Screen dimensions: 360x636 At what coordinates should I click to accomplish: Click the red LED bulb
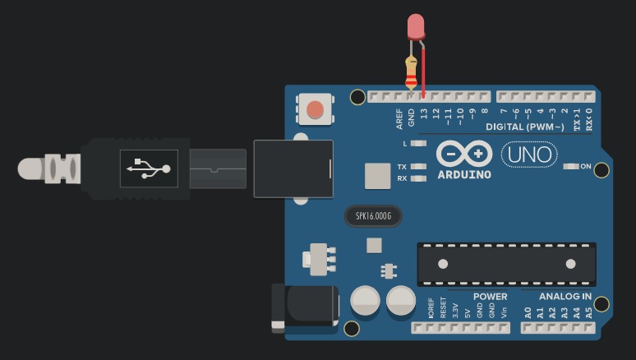(416, 26)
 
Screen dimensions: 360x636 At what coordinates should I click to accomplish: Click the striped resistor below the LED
(411, 72)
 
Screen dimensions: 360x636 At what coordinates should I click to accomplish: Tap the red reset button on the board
(315, 108)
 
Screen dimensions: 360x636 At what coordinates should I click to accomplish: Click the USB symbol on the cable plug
(149, 168)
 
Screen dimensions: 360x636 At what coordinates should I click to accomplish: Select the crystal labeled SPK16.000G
(373, 216)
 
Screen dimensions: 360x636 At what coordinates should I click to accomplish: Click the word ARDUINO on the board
(464, 175)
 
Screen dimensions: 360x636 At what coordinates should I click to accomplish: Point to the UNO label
(528, 155)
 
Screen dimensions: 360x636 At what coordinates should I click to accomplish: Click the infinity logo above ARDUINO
(464, 154)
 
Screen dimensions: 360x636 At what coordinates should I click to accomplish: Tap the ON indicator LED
(572, 167)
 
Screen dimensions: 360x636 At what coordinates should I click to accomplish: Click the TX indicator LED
(418, 166)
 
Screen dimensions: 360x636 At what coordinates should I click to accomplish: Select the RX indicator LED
(418, 178)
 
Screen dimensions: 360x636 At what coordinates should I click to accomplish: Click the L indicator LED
(418, 143)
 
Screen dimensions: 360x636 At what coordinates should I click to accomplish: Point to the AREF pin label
(399, 118)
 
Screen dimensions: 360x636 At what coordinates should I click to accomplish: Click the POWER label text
(490, 297)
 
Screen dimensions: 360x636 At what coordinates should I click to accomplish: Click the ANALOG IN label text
(565, 297)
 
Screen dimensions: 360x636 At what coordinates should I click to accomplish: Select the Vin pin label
(504, 312)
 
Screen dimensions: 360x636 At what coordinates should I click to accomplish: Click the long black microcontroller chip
(506, 264)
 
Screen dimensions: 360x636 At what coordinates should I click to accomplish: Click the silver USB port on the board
(293, 168)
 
